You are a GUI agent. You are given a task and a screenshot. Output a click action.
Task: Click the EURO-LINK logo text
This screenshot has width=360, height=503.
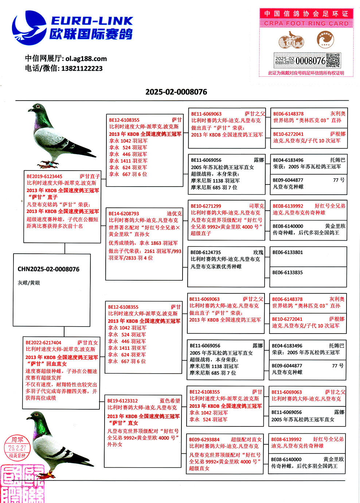[x=92, y=21]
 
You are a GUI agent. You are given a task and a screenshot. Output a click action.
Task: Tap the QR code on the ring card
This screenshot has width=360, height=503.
[x=333, y=61]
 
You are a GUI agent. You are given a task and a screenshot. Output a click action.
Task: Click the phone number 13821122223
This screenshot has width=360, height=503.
[x=82, y=69]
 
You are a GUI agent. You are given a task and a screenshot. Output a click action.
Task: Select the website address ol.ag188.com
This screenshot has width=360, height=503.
[x=86, y=59]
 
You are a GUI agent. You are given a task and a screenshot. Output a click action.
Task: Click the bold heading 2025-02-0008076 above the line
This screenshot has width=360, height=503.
[x=176, y=92]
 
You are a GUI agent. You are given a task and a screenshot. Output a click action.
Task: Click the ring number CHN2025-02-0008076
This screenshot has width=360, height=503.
[x=48, y=269]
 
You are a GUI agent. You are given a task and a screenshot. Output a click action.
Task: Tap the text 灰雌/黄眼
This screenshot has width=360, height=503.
[x=29, y=283]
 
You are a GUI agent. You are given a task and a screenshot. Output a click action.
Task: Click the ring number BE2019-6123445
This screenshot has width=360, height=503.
[x=44, y=176]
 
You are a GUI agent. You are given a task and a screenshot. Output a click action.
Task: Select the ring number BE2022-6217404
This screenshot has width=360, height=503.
[x=43, y=343]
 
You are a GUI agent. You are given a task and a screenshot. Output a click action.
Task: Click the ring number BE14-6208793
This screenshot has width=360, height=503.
[x=124, y=214]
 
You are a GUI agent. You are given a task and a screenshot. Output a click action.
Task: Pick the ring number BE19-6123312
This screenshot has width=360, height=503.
[x=123, y=401]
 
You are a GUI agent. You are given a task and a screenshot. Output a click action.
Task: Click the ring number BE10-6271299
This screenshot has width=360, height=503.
[x=206, y=206]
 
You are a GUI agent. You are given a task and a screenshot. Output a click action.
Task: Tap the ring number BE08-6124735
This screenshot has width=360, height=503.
[x=206, y=252]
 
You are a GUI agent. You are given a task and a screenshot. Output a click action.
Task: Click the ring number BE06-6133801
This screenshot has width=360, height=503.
[x=287, y=252]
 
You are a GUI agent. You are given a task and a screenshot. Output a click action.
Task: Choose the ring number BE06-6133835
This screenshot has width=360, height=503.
[x=287, y=272]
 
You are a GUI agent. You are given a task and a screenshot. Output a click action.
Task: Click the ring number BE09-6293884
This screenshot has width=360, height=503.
[x=204, y=440]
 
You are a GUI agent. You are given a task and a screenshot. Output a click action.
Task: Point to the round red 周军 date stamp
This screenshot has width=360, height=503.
[x=17, y=448]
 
